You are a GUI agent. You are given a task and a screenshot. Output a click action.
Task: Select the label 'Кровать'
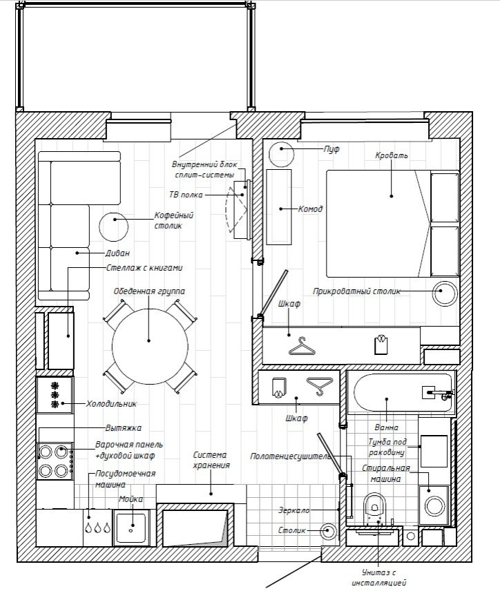[391, 155]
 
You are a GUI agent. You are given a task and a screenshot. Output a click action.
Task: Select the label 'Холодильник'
[112, 404]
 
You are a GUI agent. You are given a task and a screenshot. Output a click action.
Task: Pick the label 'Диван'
[117, 253]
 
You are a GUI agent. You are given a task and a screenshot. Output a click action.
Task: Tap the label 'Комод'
[310, 209]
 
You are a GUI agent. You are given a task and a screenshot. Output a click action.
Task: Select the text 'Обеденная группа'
[149, 291]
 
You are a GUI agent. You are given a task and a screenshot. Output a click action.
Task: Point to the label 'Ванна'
[387, 427]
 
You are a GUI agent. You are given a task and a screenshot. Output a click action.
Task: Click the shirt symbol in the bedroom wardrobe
[381, 344]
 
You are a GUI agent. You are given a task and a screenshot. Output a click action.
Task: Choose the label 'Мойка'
[131, 499]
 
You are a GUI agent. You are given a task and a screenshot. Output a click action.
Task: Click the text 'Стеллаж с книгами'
[144, 268]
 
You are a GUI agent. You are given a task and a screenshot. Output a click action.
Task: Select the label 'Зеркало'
[294, 510]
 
